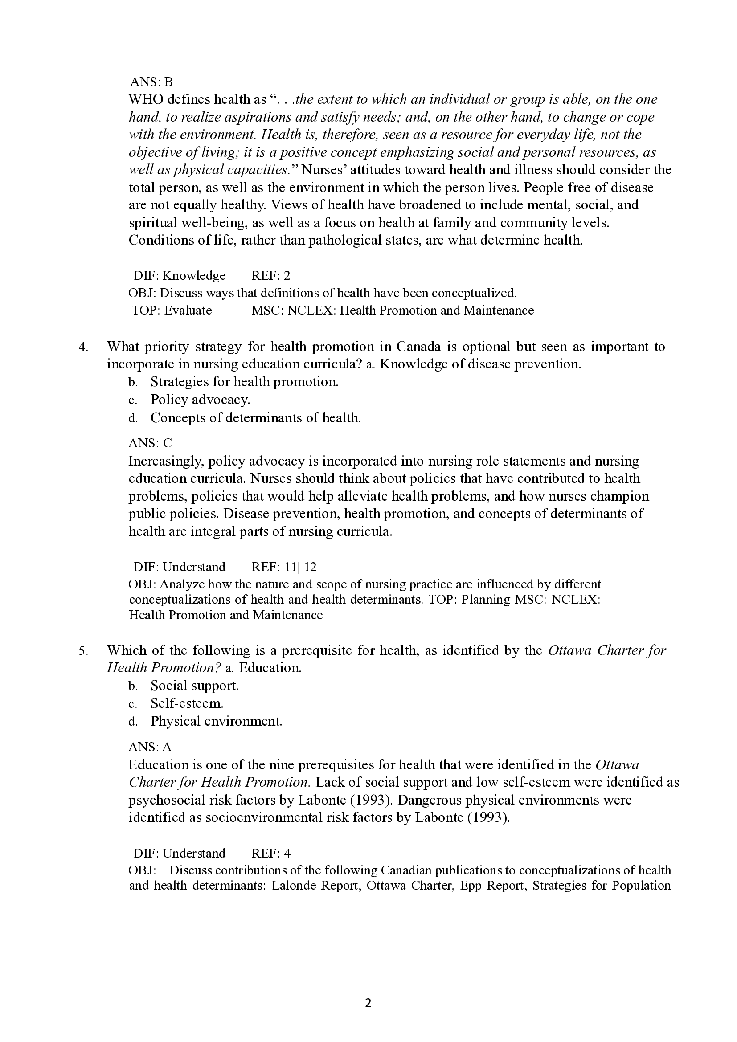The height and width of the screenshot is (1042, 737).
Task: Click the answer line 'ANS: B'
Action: (151, 82)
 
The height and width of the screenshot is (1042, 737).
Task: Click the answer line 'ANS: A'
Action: (150, 747)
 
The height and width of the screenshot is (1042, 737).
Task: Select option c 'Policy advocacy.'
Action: (200, 399)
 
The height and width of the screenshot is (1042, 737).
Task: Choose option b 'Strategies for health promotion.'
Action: (244, 382)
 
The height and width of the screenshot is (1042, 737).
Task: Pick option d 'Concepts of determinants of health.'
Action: (255, 417)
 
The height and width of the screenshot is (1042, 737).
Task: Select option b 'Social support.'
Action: (194, 685)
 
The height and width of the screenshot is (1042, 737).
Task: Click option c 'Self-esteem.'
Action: (187, 703)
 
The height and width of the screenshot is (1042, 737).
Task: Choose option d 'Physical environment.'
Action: (216, 721)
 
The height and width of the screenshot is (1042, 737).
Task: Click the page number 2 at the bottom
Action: (368, 1003)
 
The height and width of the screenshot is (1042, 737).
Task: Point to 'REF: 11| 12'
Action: (284, 567)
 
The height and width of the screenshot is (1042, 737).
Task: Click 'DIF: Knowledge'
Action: (179, 275)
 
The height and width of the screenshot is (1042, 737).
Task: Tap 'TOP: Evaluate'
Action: (172, 311)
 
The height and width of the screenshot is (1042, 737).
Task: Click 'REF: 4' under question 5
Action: (270, 853)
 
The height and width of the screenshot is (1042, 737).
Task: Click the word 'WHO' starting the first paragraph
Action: (143, 99)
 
